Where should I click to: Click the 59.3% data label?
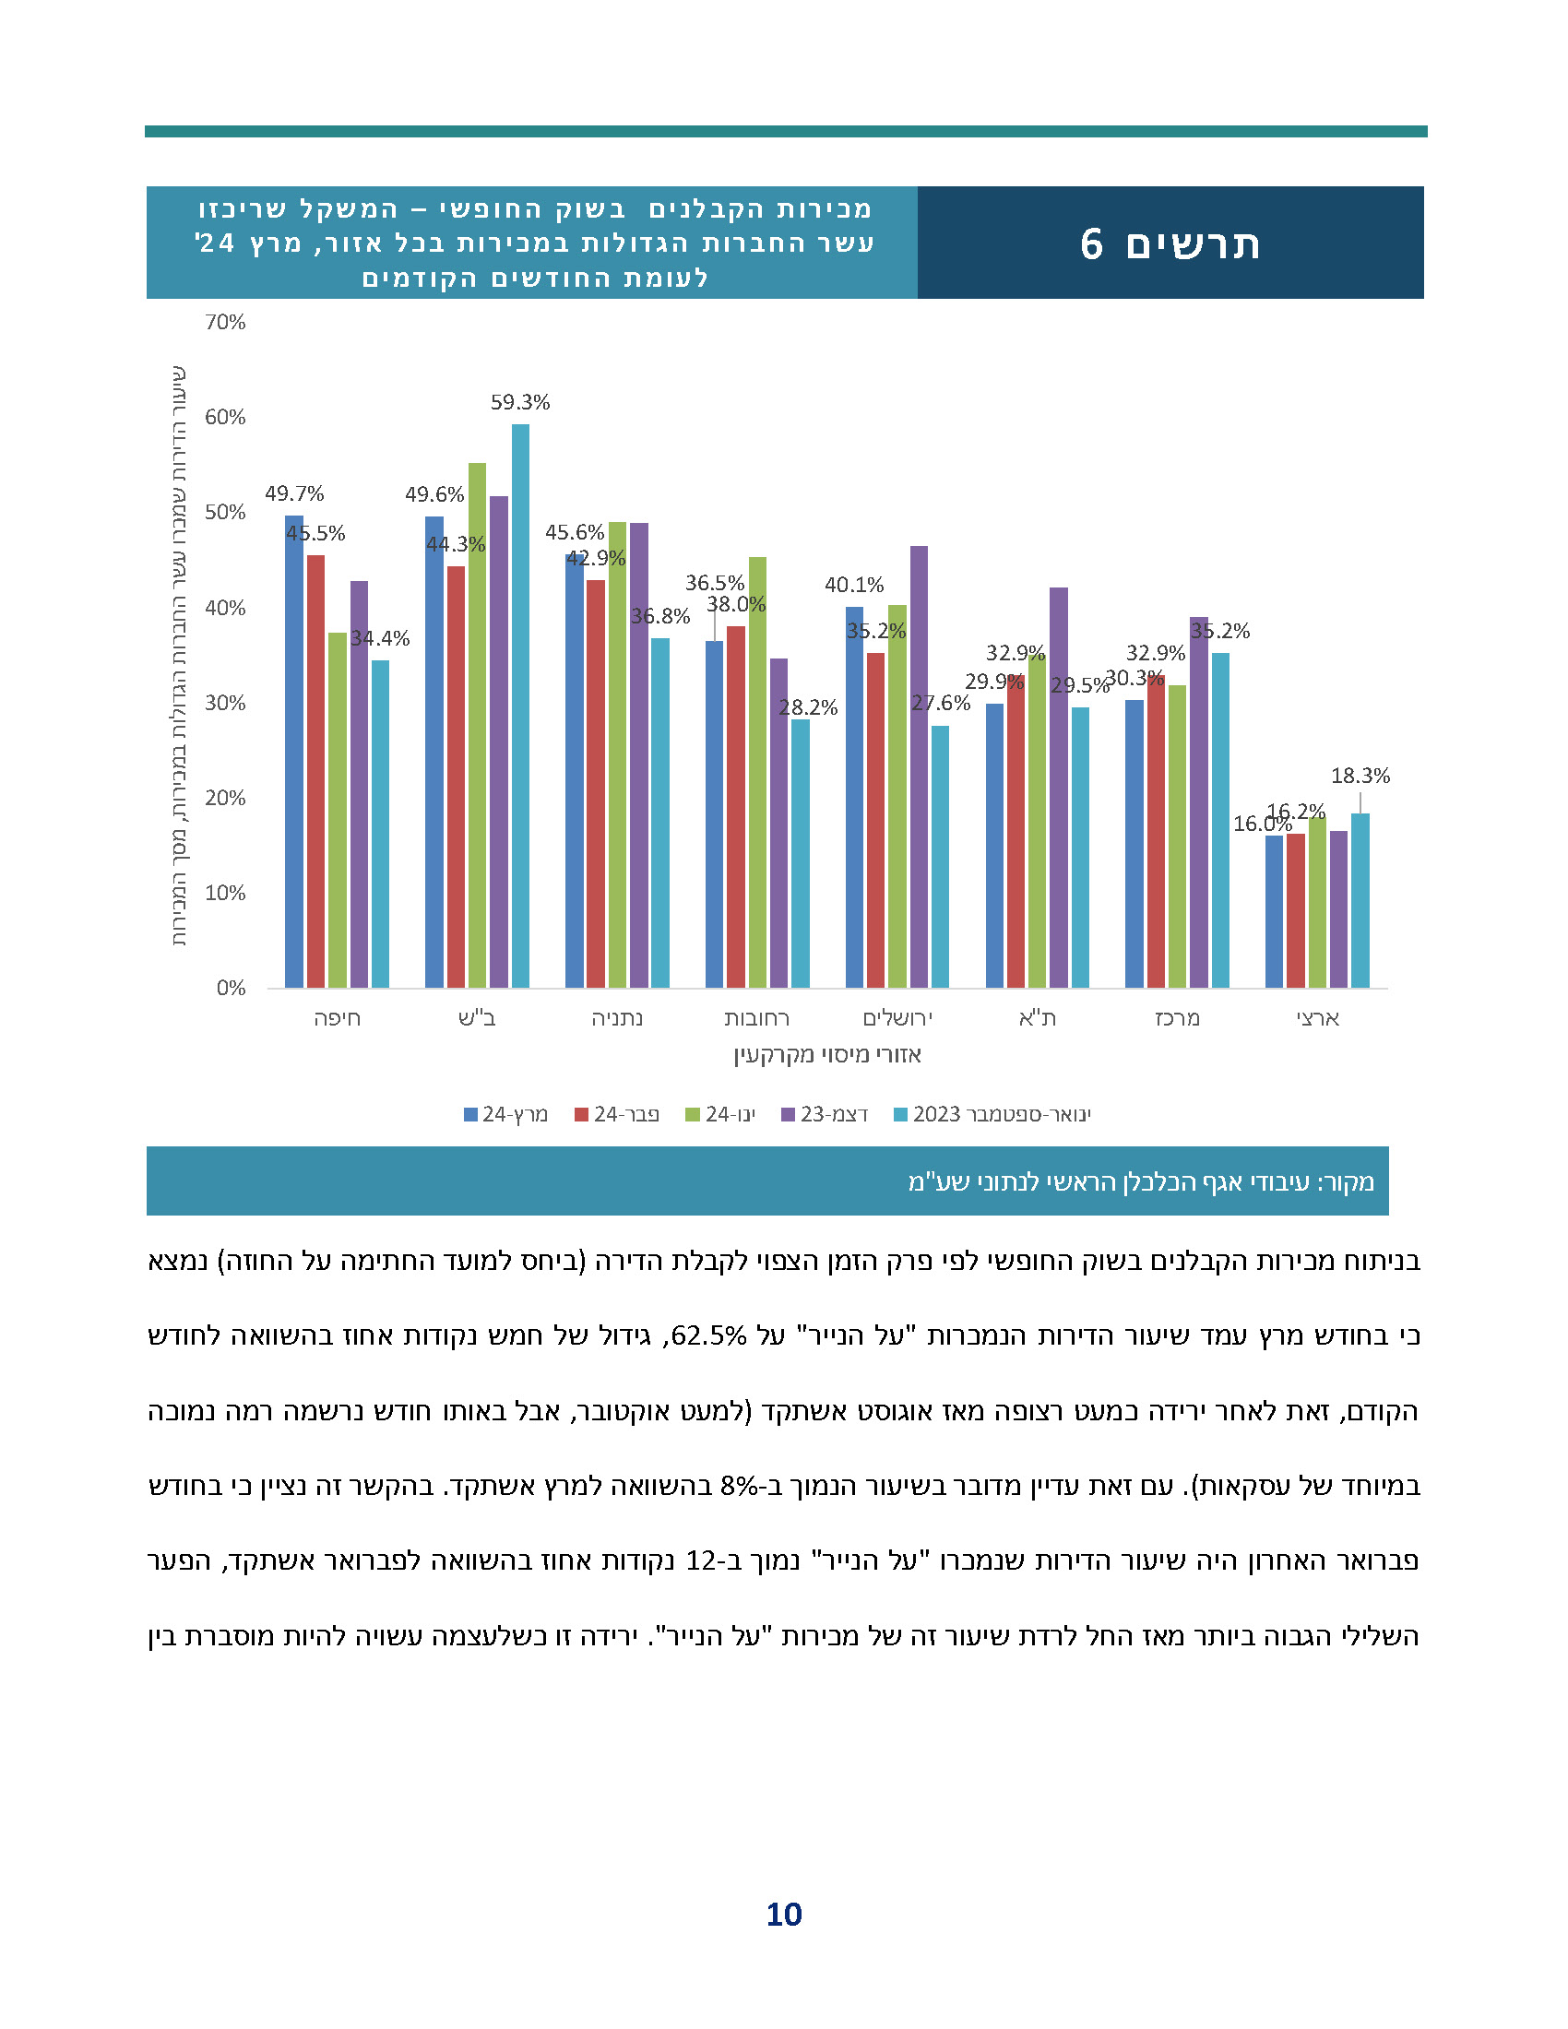pyautogui.click(x=520, y=402)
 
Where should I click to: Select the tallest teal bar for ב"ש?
pyautogui.click(x=520, y=706)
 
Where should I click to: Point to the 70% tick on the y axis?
pyautogui.click(x=225, y=323)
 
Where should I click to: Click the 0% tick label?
pyautogui.click(x=231, y=988)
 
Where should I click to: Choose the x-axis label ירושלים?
pyautogui.click(x=897, y=1018)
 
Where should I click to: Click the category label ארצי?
pyautogui.click(x=1317, y=1018)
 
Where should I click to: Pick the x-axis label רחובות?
pyautogui.click(x=756, y=1018)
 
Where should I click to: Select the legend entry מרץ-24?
pyautogui.click(x=506, y=1114)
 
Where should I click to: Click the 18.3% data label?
pyautogui.click(x=1360, y=776)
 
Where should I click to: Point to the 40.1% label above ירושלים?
pyautogui.click(x=854, y=586)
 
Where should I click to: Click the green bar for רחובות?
pyautogui.click(x=757, y=772)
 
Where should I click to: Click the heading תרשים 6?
pyautogui.click(x=1170, y=243)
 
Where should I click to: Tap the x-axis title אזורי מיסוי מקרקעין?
pyautogui.click(x=826, y=1054)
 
